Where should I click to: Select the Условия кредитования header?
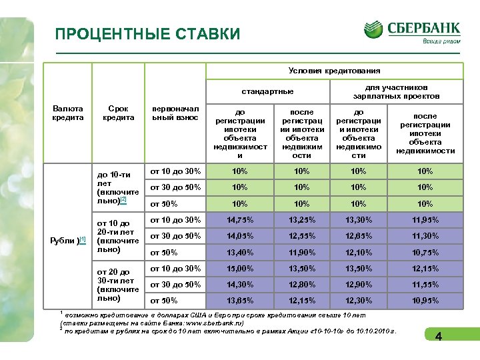click(x=334, y=71)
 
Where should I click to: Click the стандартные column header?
click(x=267, y=91)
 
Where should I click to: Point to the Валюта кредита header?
click(x=68, y=113)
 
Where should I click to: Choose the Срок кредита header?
click(x=118, y=113)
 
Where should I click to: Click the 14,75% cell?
click(x=240, y=220)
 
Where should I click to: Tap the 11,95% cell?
click(x=425, y=220)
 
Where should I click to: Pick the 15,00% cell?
click(x=240, y=269)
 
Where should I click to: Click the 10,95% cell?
click(x=425, y=301)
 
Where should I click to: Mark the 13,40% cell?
click(x=240, y=252)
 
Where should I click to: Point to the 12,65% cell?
click(x=359, y=236)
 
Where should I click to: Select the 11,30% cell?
click(x=425, y=236)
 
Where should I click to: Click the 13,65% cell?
click(x=240, y=301)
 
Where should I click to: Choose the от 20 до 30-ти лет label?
click(x=118, y=285)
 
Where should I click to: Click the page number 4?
click(x=438, y=337)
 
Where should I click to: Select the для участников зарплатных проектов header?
click(x=396, y=91)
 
